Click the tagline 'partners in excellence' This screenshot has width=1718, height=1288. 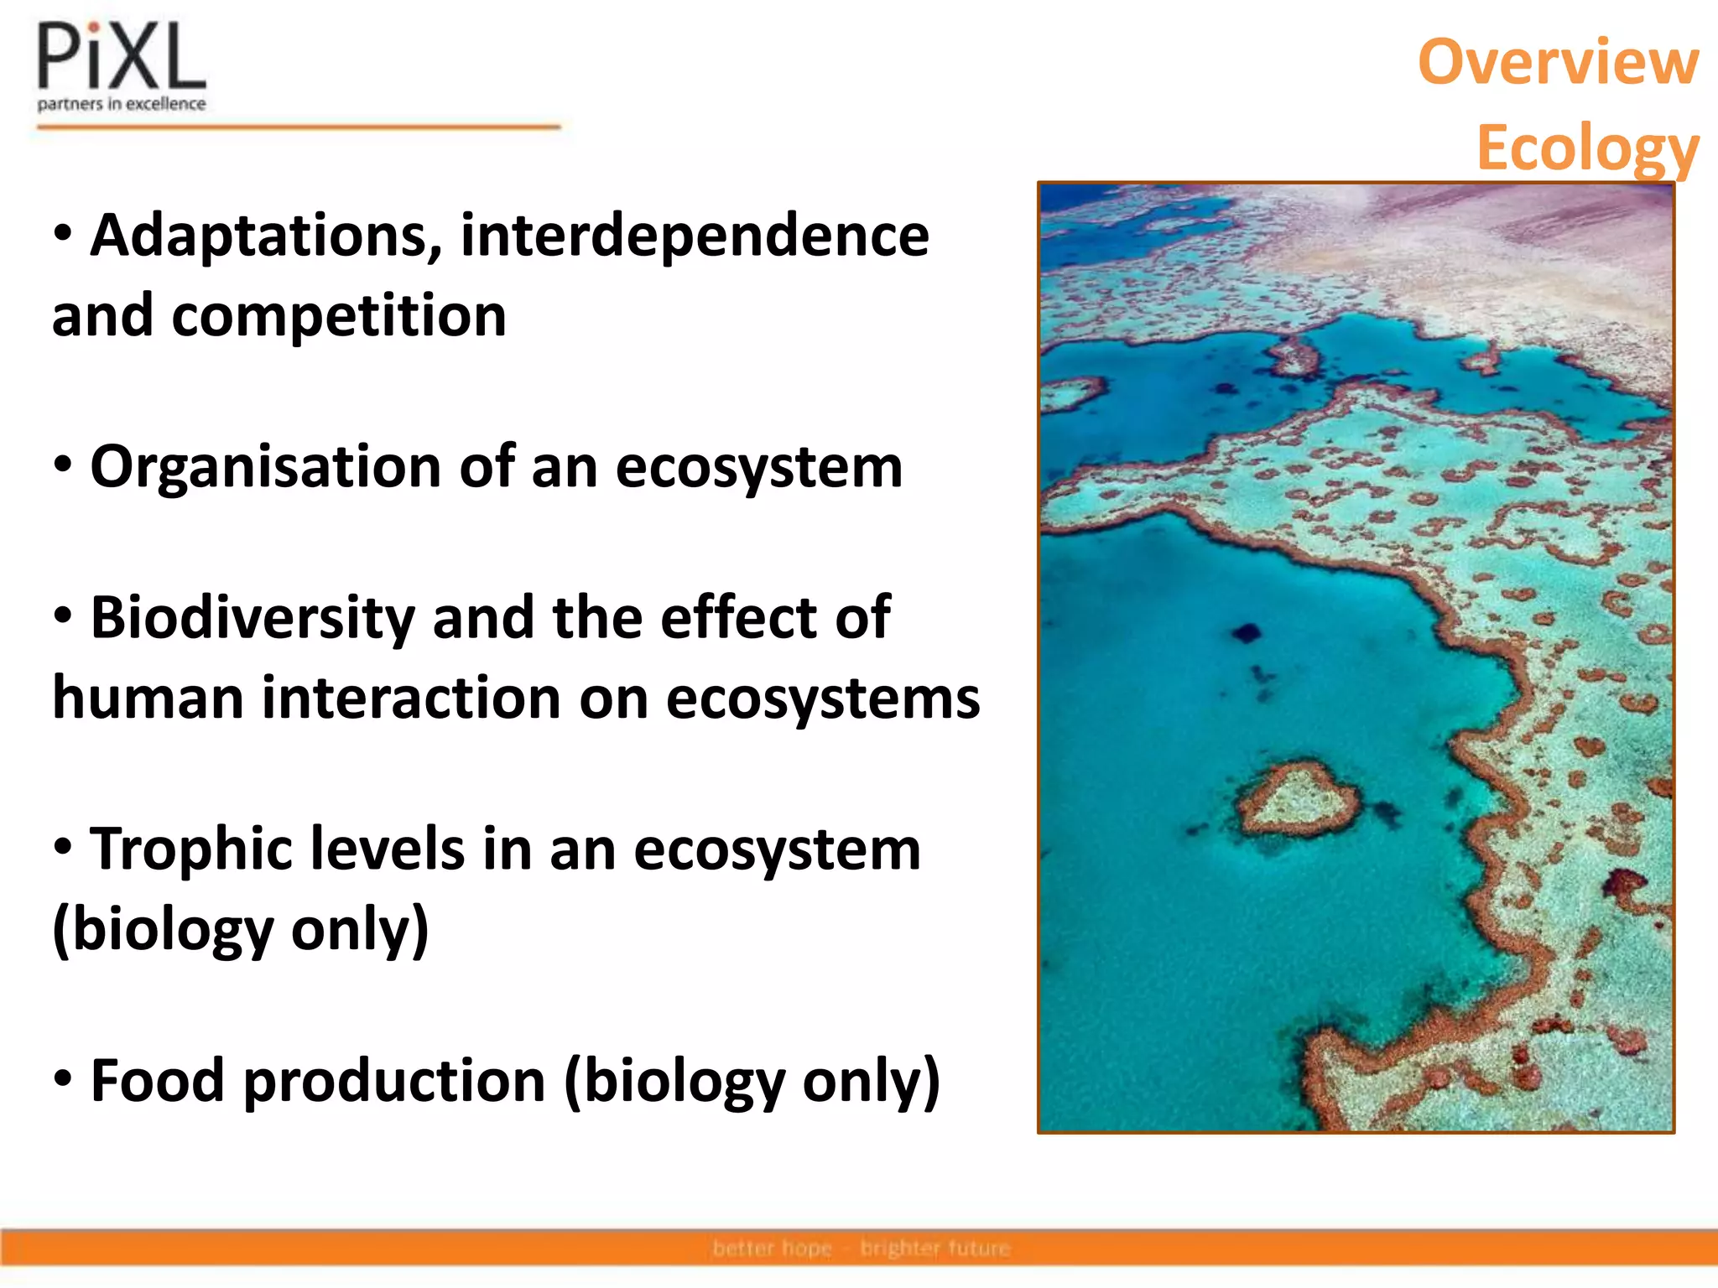tap(122, 104)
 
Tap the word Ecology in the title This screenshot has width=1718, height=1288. tap(1587, 148)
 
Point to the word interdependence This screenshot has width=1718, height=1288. tap(695, 236)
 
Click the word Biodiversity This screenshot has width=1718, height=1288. tap(252, 618)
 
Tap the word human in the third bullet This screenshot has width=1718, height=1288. tap(148, 699)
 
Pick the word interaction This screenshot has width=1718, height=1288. tap(411, 699)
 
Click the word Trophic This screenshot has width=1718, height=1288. tap(192, 849)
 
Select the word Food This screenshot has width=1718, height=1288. tap(157, 1081)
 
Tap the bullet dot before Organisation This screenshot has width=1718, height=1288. tap(63, 464)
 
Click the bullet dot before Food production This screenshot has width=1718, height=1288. tap(63, 1078)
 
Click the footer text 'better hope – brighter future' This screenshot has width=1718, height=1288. tap(861, 1249)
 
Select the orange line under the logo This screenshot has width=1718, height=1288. tap(299, 127)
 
